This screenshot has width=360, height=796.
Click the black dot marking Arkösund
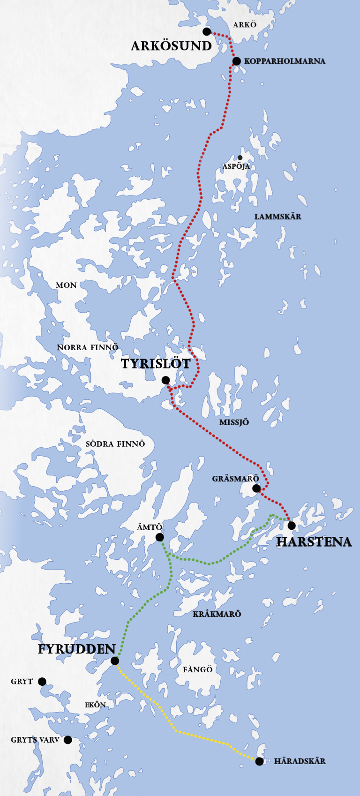(x=206, y=31)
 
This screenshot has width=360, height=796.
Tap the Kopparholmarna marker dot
(x=237, y=61)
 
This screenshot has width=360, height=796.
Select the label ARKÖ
(x=245, y=25)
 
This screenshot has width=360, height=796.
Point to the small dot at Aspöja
(x=240, y=158)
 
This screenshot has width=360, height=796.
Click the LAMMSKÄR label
(x=277, y=217)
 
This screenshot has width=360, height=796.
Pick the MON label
(x=66, y=285)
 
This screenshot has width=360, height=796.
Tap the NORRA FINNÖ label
(x=88, y=347)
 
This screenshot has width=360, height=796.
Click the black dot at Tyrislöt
(x=165, y=380)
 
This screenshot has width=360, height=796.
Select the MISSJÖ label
(x=234, y=422)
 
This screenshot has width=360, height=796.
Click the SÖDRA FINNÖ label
(x=115, y=444)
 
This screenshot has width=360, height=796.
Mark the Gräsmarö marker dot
(x=256, y=488)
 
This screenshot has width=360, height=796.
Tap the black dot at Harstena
(x=292, y=526)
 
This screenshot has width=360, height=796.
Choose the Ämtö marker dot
(x=159, y=537)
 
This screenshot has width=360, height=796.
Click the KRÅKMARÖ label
(x=217, y=614)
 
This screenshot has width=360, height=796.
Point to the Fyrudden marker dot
(x=115, y=661)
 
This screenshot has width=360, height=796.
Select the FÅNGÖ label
(x=198, y=669)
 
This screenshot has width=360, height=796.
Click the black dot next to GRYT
(x=42, y=682)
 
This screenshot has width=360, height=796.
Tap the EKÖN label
(x=95, y=705)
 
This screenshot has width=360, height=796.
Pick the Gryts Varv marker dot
(x=68, y=740)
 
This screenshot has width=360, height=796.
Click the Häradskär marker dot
(x=259, y=761)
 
